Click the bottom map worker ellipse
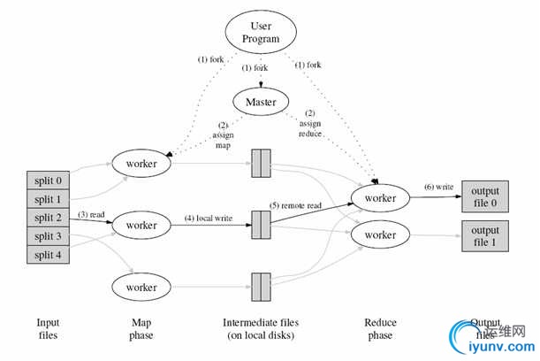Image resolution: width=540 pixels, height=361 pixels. (x=141, y=288)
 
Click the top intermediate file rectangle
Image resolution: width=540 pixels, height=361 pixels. (x=261, y=164)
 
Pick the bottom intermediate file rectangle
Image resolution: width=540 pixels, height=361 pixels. (x=261, y=288)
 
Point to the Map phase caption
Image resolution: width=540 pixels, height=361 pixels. (x=141, y=329)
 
